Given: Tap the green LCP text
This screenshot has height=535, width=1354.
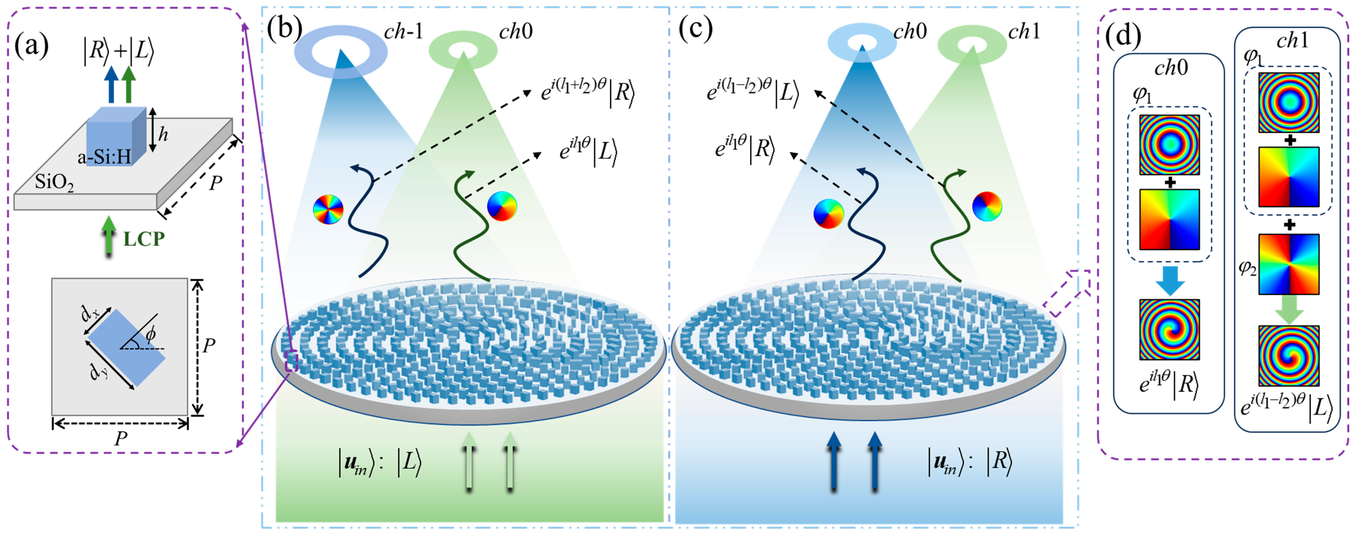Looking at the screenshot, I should tap(144, 240).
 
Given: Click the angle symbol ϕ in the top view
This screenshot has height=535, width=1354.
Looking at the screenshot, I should tap(151, 333).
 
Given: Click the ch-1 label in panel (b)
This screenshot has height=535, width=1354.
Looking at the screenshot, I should tap(403, 31).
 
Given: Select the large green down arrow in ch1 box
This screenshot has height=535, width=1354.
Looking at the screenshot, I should tap(1289, 309).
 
